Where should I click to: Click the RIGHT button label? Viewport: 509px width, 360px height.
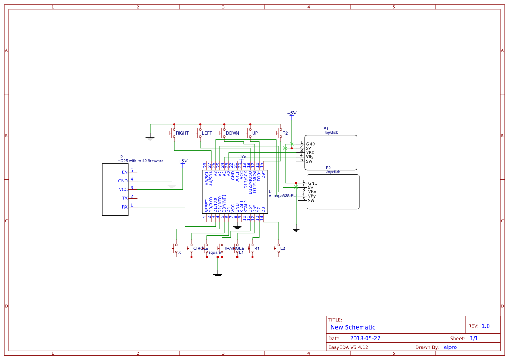point(182,133)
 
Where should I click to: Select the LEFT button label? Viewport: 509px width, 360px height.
point(207,133)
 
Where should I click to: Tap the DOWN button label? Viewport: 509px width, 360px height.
point(232,133)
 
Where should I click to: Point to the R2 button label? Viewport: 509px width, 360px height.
point(285,133)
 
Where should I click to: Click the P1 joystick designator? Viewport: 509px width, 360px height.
point(326,128)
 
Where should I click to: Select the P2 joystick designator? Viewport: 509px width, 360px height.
point(328,168)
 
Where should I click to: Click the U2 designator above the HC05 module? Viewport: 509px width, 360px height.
point(120,157)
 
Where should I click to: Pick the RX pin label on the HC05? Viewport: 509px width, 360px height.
point(125,207)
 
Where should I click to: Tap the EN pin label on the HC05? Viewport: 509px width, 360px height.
point(125,172)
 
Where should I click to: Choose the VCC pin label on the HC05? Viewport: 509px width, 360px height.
point(123,190)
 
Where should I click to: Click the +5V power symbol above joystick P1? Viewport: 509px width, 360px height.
point(292,113)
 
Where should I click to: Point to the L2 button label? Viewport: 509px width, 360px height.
point(283,249)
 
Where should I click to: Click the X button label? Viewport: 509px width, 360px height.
point(179,252)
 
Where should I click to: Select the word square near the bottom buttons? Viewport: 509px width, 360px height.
point(215,252)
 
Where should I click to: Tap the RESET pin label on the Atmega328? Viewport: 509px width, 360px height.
point(207,206)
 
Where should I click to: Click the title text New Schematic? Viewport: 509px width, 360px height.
point(353,327)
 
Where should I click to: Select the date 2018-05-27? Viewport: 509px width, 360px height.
point(365,338)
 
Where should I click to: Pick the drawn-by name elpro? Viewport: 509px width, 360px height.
point(450,347)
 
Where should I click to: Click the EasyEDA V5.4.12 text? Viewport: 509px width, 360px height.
point(348,347)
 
